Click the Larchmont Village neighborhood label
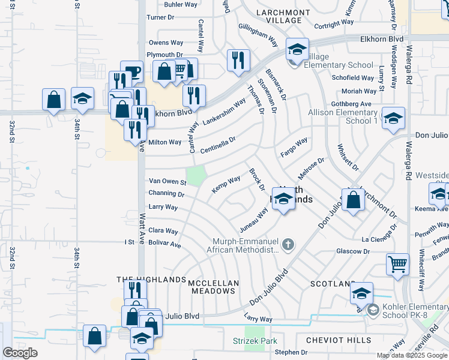279,16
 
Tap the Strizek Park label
255,341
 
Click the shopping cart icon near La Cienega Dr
398,265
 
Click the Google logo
20,352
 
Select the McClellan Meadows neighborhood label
214,287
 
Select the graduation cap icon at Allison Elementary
393,118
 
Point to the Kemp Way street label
226,184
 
